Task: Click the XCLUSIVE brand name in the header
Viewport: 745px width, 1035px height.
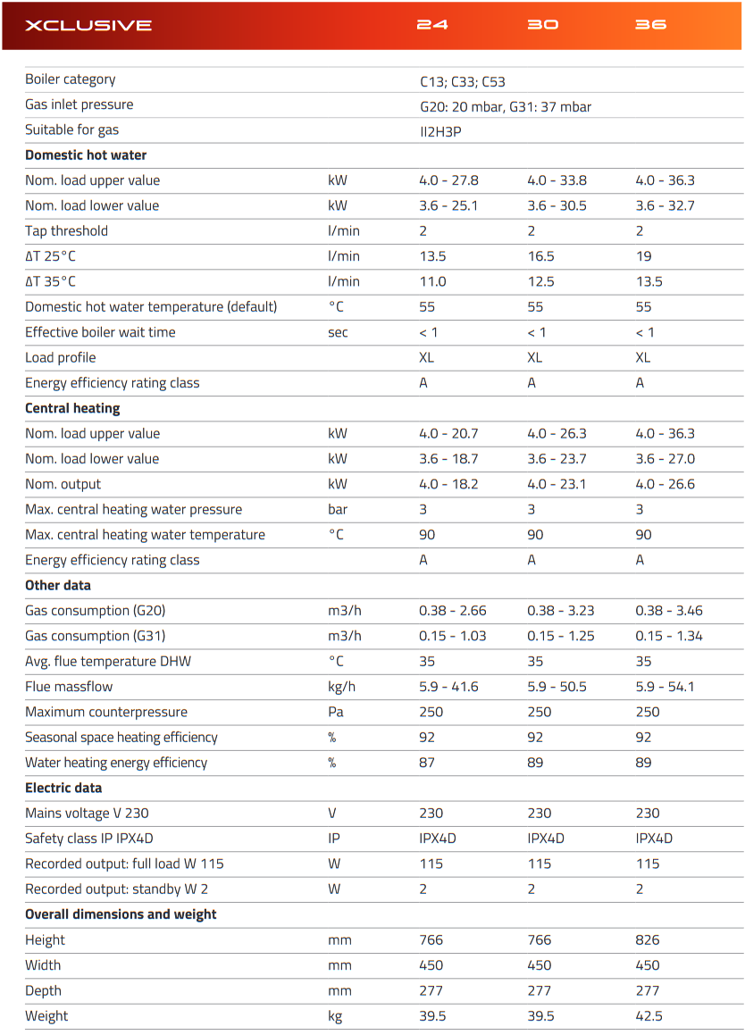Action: pos(88,25)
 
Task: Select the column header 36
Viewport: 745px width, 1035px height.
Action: pos(651,25)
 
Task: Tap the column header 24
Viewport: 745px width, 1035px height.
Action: pos(432,25)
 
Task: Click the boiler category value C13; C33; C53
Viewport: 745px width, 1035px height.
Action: pos(463,81)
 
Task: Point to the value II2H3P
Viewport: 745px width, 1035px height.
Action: pos(440,130)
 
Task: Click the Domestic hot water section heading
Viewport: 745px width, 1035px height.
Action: pos(86,155)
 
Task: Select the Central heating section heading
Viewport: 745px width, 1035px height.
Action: pos(72,408)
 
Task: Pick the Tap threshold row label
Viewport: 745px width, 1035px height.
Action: pos(66,230)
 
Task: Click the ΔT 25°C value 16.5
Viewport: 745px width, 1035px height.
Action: pos(540,256)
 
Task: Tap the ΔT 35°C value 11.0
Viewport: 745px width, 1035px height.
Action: pos(433,281)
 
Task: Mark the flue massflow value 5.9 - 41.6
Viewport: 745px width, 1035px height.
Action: pos(448,687)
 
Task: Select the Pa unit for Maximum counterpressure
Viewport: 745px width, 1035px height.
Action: pos(336,712)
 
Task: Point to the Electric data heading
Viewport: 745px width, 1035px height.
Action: pos(63,788)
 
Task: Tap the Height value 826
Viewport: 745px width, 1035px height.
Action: pos(648,939)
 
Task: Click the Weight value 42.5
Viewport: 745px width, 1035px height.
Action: pos(649,1015)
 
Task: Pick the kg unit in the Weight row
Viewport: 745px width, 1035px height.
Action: pos(335,1016)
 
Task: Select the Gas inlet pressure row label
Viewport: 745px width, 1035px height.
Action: pos(80,104)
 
